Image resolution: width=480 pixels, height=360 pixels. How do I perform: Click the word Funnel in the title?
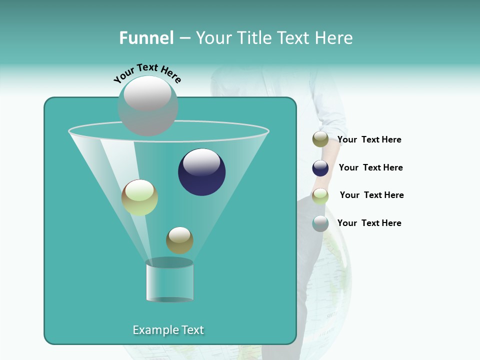(x=146, y=38)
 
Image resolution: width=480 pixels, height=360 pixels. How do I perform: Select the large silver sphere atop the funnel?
(x=148, y=105)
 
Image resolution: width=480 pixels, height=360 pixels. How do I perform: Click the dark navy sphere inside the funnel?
(x=202, y=172)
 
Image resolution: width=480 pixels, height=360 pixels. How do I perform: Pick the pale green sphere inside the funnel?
(x=139, y=197)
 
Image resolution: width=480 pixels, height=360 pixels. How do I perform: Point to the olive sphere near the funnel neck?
(x=179, y=240)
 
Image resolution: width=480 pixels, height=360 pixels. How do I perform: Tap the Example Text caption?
(x=168, y=330)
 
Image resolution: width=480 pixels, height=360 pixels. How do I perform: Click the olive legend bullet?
(x=320, y=139)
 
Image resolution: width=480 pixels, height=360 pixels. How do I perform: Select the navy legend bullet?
(x=320, y=168)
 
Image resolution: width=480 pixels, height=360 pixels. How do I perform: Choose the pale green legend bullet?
(x=320, y=196)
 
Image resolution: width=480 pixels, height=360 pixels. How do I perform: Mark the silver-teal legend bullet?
(x=320, y=223)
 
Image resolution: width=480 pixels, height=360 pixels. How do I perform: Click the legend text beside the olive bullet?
(x=369, y=139)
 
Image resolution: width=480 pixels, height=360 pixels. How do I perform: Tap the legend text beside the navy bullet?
(x=371, y=167)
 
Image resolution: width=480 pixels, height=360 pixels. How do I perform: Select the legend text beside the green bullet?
(x=372, y=195)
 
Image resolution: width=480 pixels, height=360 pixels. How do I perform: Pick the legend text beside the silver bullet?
(x=369, y=223)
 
